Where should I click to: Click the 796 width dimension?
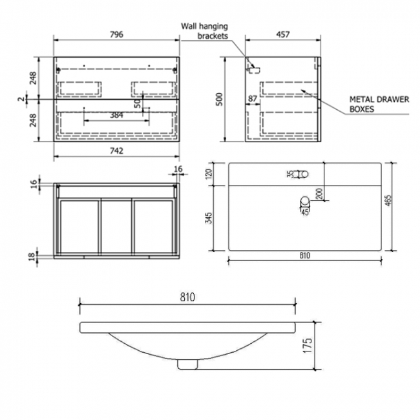tap(116, 34)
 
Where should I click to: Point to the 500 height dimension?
tap(219, 99)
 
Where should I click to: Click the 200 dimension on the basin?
tap(319, 193)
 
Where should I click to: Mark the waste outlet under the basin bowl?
tap(187, 364)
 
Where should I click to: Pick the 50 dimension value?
tap(138, 103)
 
